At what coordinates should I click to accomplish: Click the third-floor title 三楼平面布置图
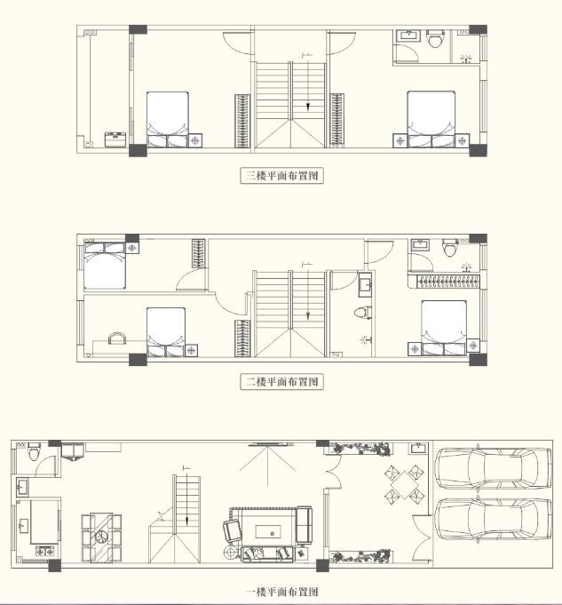click(282, 176)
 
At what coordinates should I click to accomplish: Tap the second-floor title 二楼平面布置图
click(282, 382)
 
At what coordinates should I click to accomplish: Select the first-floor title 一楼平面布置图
click(282, 592)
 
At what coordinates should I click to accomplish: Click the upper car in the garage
click(493, 468)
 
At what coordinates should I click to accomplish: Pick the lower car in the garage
click(493, 520)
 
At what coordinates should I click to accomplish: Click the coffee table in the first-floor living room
click(268, 532)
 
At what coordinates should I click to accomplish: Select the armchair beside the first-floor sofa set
click(233, 530)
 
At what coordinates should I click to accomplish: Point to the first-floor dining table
click(101, 537)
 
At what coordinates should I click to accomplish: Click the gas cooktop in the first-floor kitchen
click(45, 552)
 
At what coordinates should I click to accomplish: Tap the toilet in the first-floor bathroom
click(34, 451)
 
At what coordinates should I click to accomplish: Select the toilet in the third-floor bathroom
click(435, 38)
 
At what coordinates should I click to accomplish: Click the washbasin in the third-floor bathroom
click(408, 36)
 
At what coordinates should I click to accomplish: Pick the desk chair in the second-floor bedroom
click(117, 338)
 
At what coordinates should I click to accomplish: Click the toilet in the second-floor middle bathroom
click(363, 312)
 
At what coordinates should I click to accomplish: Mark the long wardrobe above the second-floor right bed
click(447, 282)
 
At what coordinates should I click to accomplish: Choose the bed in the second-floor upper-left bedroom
click(105, 266)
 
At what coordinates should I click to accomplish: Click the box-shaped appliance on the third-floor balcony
click(115, 139)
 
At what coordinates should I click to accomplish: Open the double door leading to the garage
click(422, 537)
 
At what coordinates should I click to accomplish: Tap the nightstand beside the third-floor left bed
click(195, 140)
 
